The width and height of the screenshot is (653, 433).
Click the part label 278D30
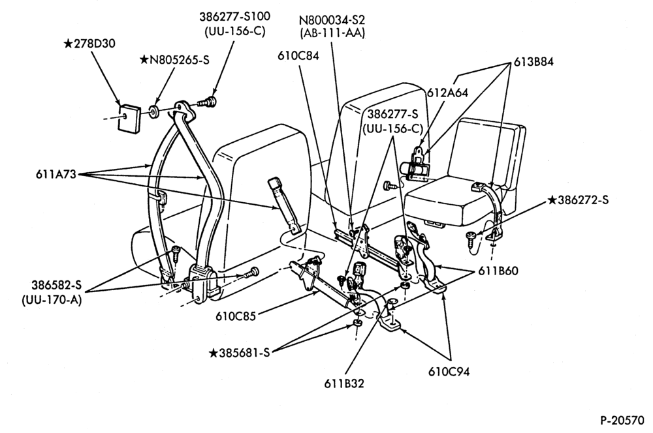point(94,44)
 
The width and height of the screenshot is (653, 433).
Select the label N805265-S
point(180,60)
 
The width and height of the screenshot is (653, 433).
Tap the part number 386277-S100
point(234,17)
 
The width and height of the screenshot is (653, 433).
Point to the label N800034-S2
point(332,20)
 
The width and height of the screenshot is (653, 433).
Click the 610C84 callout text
point(298,55)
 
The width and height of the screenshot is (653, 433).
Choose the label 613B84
point(533,62)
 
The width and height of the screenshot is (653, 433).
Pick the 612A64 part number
point(447,93)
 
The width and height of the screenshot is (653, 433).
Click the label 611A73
point(56,174)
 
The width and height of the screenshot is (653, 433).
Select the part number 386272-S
point(583,200)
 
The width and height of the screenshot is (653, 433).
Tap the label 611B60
point(498,271)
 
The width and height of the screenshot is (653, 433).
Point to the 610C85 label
point(236,316)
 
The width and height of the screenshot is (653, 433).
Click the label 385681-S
point(245,353)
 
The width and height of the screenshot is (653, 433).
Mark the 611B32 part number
point(344,383)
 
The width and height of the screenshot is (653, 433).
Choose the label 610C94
point(449,372)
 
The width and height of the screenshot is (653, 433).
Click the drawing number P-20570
point(622,421)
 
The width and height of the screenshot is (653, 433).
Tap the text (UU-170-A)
point(52,299)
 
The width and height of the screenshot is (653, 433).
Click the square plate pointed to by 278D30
point(128,117)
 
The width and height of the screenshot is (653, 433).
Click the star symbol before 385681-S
point(213,353)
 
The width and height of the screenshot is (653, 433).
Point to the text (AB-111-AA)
point(332,33)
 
